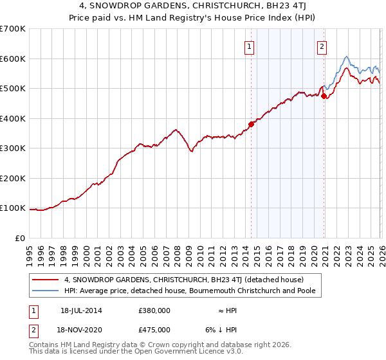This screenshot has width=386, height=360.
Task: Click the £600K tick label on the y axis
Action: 12,59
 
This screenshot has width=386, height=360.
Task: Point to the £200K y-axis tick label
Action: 12,178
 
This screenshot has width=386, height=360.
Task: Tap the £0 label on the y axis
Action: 20,238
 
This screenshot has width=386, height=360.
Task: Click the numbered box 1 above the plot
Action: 249,46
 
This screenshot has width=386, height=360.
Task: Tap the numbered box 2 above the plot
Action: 321,46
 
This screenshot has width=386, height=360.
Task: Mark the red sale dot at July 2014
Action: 252,124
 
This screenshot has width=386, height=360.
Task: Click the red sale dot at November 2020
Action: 324,96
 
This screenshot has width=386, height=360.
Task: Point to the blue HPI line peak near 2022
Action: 346,57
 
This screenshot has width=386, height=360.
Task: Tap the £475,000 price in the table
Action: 154,330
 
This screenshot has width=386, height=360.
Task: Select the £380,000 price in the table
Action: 154,310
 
